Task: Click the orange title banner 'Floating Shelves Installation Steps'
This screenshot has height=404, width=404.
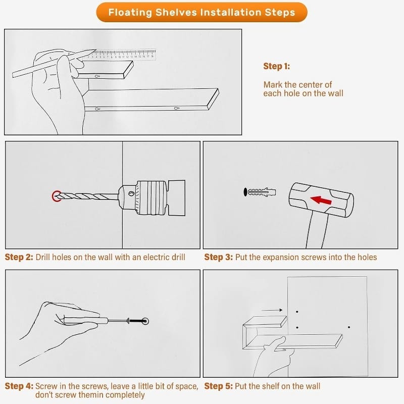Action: (x=201, y=12)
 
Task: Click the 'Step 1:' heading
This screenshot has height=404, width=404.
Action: (x=276, y=66)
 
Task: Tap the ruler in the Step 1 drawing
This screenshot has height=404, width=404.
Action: (x=121, y=55)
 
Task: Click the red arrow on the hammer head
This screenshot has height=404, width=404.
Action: (x=321, y=200)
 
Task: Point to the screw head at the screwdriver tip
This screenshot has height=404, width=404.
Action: (x=145, y=321)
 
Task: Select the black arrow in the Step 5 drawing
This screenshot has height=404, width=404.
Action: (x=272, y=310)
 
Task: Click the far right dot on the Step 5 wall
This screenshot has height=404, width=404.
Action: (x=349, y=327)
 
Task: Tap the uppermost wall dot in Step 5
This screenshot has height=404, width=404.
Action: (x=297, y=312)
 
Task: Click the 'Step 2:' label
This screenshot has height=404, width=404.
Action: (x=19, y=257)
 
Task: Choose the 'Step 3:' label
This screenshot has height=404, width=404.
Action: (x=219, y=257)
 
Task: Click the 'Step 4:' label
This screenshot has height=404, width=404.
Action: (x=19, y=386)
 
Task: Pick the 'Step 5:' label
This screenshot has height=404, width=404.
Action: (x=219, y=386)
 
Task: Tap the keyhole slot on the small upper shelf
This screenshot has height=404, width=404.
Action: (x=97, y=76)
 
